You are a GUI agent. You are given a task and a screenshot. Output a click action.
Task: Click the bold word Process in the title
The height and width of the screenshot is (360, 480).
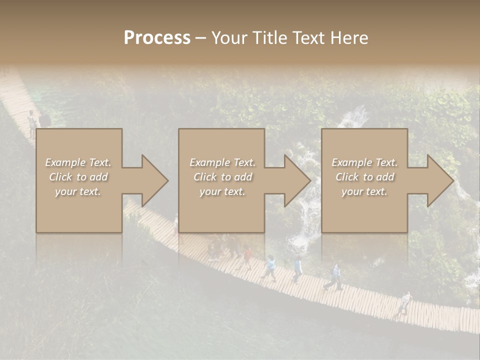tap(157, 38)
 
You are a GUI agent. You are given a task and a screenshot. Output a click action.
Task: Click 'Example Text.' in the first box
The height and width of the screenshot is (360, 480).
tap(78, 162)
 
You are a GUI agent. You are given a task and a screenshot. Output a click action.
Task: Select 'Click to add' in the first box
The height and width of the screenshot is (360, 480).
tap(78, 177)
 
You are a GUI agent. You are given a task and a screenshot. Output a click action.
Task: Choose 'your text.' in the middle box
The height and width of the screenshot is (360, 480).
tap(222, 191)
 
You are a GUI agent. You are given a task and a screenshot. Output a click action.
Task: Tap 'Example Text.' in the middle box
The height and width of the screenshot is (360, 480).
tap(222, 162)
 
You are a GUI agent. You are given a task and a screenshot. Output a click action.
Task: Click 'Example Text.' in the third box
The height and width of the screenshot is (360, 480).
tap(364, 162)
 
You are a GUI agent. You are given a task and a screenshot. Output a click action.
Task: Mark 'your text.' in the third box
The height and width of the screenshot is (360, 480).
tap(364, 191)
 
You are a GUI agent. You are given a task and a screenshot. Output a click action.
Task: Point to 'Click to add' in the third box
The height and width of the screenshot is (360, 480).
tap(364, 177)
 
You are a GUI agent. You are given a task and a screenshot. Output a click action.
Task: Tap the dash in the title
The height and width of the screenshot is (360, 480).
tap(200, 38)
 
